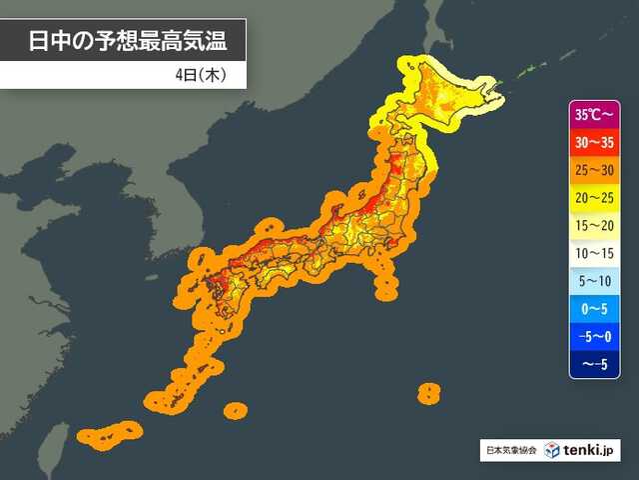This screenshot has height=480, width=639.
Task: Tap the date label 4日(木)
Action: coord(204,75)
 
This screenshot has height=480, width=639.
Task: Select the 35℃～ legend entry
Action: coord(595,114)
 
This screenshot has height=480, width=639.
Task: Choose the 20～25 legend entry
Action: coord(595,198)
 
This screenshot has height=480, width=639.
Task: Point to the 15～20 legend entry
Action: coord(595,226)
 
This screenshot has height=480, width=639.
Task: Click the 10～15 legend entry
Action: coord(595,254)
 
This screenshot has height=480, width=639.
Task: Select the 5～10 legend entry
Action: coord(595,282)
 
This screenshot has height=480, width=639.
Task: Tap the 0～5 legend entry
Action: coord(595,310)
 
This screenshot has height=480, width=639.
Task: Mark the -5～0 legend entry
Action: coord(595,338)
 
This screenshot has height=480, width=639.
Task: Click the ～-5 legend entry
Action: coord(595,365)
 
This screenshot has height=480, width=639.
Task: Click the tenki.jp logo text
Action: coord(591,450)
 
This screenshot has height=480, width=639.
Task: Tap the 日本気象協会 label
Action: coord(511,451)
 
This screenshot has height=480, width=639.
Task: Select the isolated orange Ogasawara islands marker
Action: coord(428,392)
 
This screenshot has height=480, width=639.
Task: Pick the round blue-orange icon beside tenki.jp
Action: coord(552,450)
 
